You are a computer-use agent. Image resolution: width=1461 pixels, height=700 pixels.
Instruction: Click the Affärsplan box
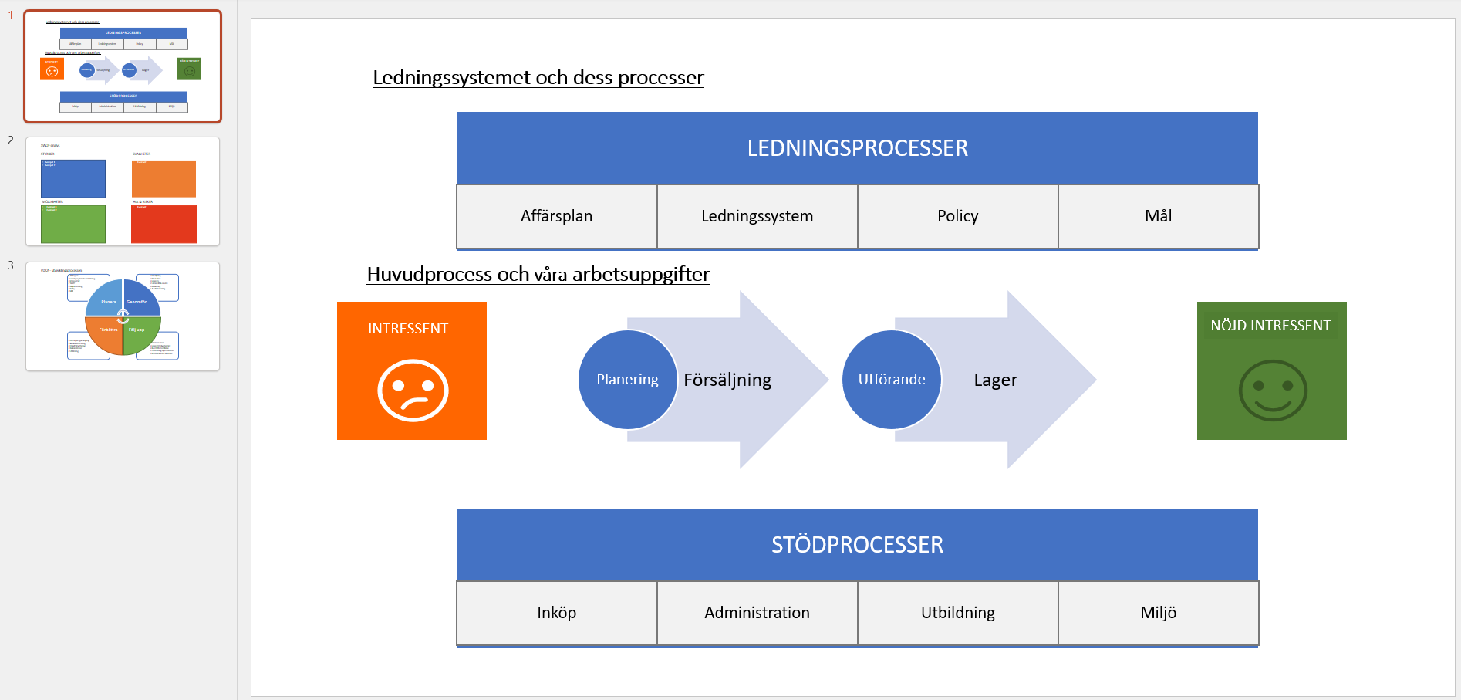pos(556,216)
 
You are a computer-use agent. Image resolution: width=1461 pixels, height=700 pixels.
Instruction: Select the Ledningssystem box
pos(757,216)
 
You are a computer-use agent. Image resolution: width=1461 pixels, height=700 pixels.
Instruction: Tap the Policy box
pos(957,216)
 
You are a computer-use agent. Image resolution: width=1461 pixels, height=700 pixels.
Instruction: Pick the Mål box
pos(1158,216)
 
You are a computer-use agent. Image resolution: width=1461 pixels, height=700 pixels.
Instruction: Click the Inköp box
pos(556,613)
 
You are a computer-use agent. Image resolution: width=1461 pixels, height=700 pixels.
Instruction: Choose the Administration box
pos(757,613)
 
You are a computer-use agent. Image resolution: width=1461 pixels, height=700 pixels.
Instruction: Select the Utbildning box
pos(957,613)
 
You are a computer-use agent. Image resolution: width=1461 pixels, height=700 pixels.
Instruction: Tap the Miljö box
pos(1158,613)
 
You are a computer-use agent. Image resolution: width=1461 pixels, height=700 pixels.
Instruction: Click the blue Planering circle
pos(627,380)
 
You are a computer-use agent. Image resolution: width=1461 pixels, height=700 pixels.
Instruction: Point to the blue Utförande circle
pos(891,380)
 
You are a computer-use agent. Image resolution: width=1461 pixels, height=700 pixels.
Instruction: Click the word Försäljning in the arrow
pos(727,380)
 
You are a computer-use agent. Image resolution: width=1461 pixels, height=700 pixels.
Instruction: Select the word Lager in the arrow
pos(995,380)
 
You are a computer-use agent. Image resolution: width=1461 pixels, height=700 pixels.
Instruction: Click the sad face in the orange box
pos(413,390)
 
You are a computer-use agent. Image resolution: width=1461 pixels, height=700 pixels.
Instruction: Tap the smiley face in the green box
pos(1272,390)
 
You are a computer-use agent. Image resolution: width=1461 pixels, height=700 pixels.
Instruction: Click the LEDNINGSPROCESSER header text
pos(857,148)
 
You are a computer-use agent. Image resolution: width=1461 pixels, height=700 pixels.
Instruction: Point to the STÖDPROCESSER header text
pos(857,545)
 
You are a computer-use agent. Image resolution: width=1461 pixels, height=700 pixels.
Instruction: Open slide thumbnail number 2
pos(123,191)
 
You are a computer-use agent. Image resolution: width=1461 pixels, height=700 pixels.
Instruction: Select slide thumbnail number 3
pos(123,316)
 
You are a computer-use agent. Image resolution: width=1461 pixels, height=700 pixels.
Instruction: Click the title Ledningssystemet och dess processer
pos(538,78)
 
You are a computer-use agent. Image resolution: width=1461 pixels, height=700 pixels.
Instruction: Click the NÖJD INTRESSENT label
pos(1270,326)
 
